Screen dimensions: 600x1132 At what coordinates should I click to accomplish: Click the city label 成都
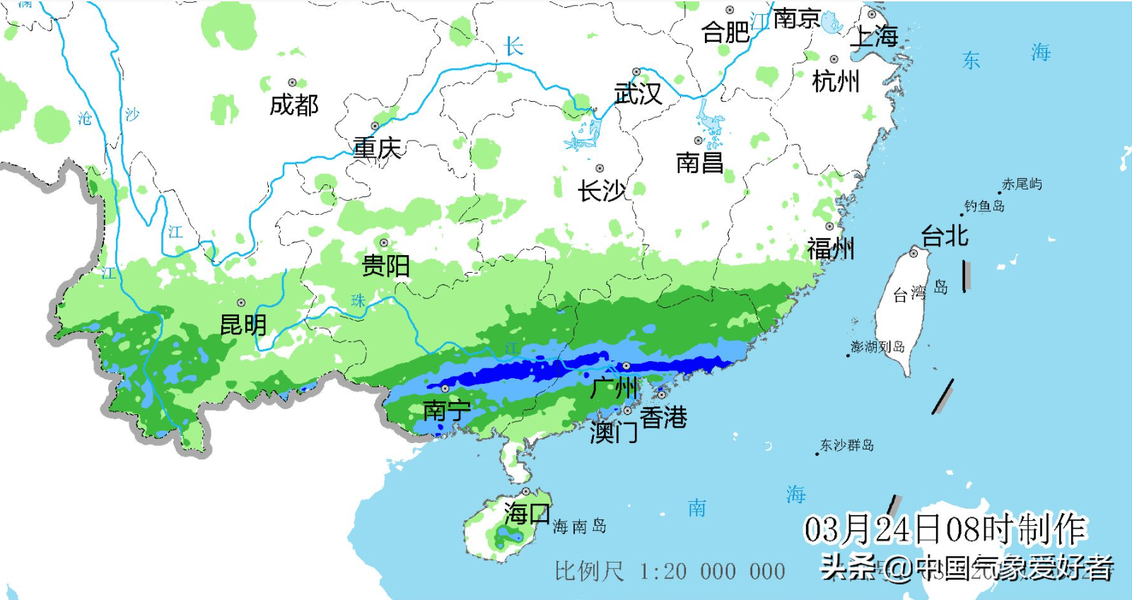(x=294, y=105)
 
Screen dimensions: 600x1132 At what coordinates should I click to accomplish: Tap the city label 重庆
(x=377, y=148)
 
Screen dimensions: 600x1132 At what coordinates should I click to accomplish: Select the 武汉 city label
(x=638, y=93)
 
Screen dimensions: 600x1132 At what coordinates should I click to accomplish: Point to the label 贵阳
(x=385, y=266)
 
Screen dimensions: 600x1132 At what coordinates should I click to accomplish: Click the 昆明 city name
(x=243, y=325)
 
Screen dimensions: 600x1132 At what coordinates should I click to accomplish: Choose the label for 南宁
(x=446, y=410)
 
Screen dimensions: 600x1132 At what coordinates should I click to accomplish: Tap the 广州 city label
(x=614, y=388)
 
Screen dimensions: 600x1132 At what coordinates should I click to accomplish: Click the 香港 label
(x=663, y=418)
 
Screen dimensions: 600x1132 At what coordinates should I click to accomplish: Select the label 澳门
(x=613, y=433)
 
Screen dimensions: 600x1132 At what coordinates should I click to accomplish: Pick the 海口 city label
(x=527, y=513)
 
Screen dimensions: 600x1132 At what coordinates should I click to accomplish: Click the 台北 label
(x=944, y=236)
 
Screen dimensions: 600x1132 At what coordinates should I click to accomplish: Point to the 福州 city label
(x=831, y=249)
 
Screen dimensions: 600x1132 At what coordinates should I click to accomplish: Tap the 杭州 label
(x=836, y=82)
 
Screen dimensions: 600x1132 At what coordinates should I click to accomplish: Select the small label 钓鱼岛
(x=984, y=206)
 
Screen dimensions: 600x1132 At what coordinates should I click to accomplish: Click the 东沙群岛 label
(x=846, y=445)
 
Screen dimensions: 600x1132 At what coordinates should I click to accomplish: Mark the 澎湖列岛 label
(x=877, y=347)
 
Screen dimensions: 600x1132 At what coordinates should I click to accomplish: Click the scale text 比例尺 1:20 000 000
(x=670, y=571)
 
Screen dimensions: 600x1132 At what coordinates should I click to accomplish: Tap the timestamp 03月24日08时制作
(x=944, y=529)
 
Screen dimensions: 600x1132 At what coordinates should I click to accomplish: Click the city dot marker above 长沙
(x=600, y=168)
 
